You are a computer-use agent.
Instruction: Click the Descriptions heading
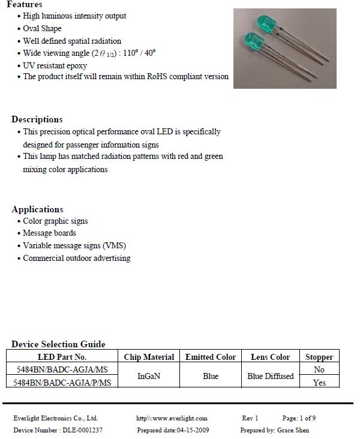tap(37, 119)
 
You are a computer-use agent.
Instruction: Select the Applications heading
tap(37, 209)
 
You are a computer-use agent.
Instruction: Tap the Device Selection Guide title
tap(58, 344)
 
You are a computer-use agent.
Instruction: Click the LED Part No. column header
tap(62, 357)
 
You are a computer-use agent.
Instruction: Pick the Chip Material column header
tap(149, 357)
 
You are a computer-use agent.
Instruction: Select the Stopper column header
tap(319, 357)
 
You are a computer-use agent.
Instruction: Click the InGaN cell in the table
tap(149, 376)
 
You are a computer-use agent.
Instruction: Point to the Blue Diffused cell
tap(271, 376)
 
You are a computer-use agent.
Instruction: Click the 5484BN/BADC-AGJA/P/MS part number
tap(61, 382)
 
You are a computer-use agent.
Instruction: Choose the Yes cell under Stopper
tap(319, 383)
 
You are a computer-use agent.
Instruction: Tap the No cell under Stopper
tap(319, 370)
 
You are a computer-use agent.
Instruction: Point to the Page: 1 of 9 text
tap(299, 418)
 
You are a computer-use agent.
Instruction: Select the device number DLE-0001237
tap(82, 430)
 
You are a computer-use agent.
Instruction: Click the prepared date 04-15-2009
tap(193, 430)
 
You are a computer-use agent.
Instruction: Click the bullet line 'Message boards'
tap(49, 233)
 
